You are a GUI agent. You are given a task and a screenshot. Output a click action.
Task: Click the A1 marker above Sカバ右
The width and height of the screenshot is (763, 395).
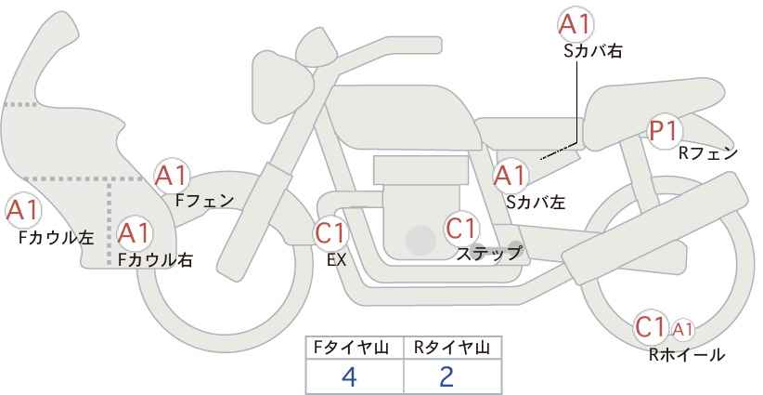(575, 24)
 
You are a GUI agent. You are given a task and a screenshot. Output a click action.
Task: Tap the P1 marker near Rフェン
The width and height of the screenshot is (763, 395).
(665, 131)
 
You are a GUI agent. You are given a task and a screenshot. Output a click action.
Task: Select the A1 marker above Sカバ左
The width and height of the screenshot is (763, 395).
(510, 176)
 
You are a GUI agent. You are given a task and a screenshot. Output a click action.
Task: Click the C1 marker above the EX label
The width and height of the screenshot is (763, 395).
(330, 232)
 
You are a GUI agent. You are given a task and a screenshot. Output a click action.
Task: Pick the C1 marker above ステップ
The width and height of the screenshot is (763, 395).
(461, 228)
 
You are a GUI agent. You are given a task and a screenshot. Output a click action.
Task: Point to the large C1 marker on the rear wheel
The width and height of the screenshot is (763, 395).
(651, 327)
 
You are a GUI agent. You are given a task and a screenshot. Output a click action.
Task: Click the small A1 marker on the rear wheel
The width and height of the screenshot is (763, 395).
(682, 330)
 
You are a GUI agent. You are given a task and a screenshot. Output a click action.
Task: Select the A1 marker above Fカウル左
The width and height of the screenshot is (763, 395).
(23, 211)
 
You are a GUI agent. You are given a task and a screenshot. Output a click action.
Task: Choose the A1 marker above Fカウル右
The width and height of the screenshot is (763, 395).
(135, 233)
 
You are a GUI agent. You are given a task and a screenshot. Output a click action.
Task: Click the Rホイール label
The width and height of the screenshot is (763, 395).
(687, 355)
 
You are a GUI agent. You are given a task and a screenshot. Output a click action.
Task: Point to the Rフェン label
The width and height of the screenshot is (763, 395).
(708, 153)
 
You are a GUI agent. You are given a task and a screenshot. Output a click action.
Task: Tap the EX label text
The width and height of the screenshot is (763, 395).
(337, 260)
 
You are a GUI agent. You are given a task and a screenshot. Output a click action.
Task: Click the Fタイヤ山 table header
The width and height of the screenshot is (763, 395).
(351, 348)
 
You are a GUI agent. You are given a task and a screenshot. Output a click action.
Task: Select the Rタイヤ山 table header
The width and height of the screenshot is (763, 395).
(452, 348)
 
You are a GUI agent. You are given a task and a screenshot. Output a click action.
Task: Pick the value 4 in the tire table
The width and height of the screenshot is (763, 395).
(349, 376)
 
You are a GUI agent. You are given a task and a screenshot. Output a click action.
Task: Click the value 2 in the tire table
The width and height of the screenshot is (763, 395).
(446, 376)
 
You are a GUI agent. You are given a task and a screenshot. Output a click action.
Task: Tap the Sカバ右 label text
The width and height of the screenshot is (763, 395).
(593, 51)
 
